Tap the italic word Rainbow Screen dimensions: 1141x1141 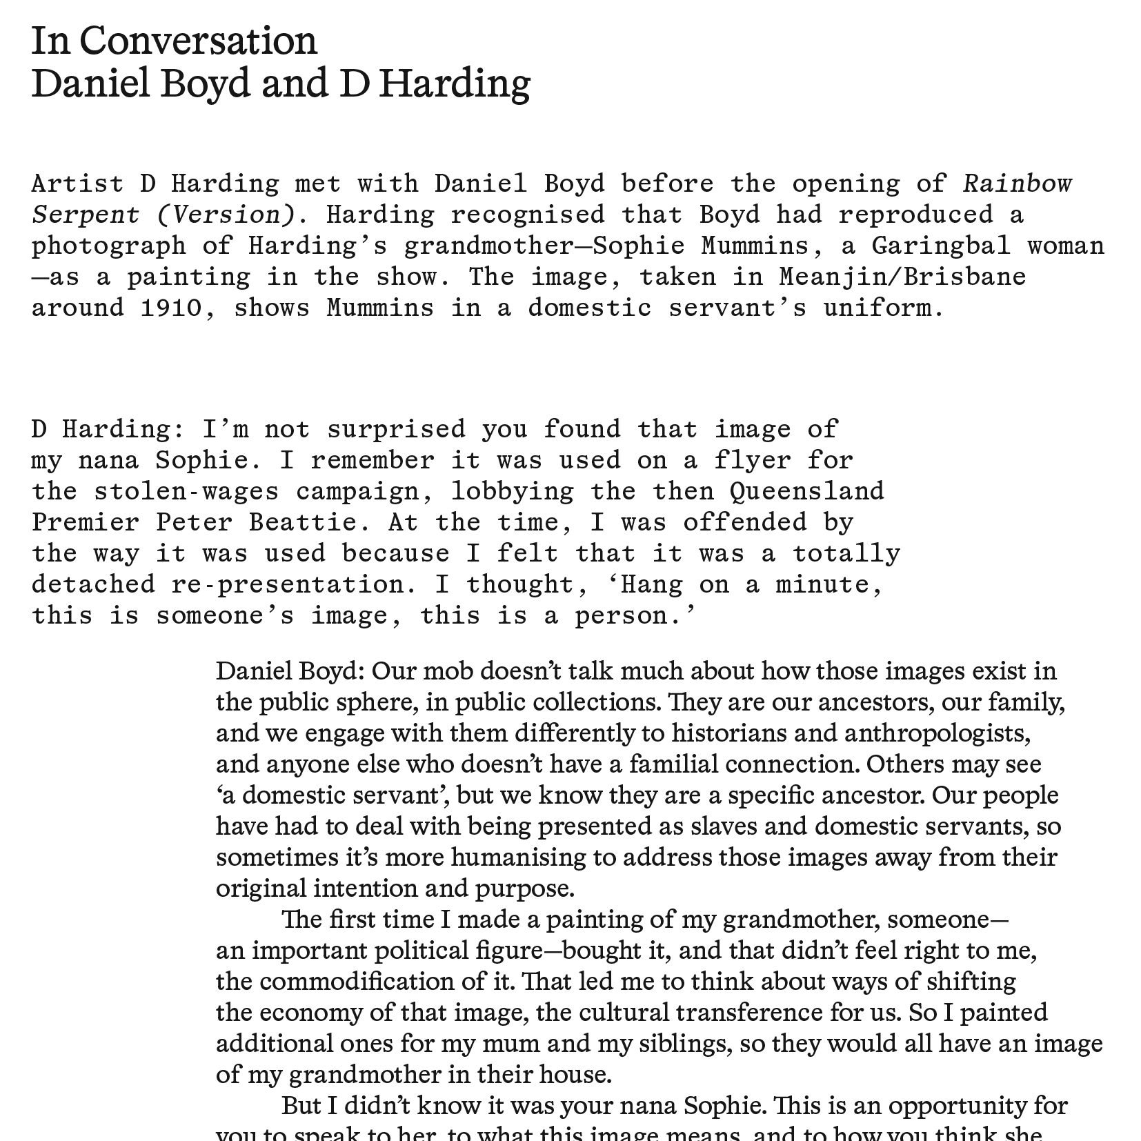pos(1018,183)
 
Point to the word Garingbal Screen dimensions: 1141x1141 pos(941,246)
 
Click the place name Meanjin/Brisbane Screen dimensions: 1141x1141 pos(902,277)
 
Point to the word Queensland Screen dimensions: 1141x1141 pos(806,491)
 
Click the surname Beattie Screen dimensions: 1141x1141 pos(304,522)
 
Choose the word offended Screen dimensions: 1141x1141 pos(744,522)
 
